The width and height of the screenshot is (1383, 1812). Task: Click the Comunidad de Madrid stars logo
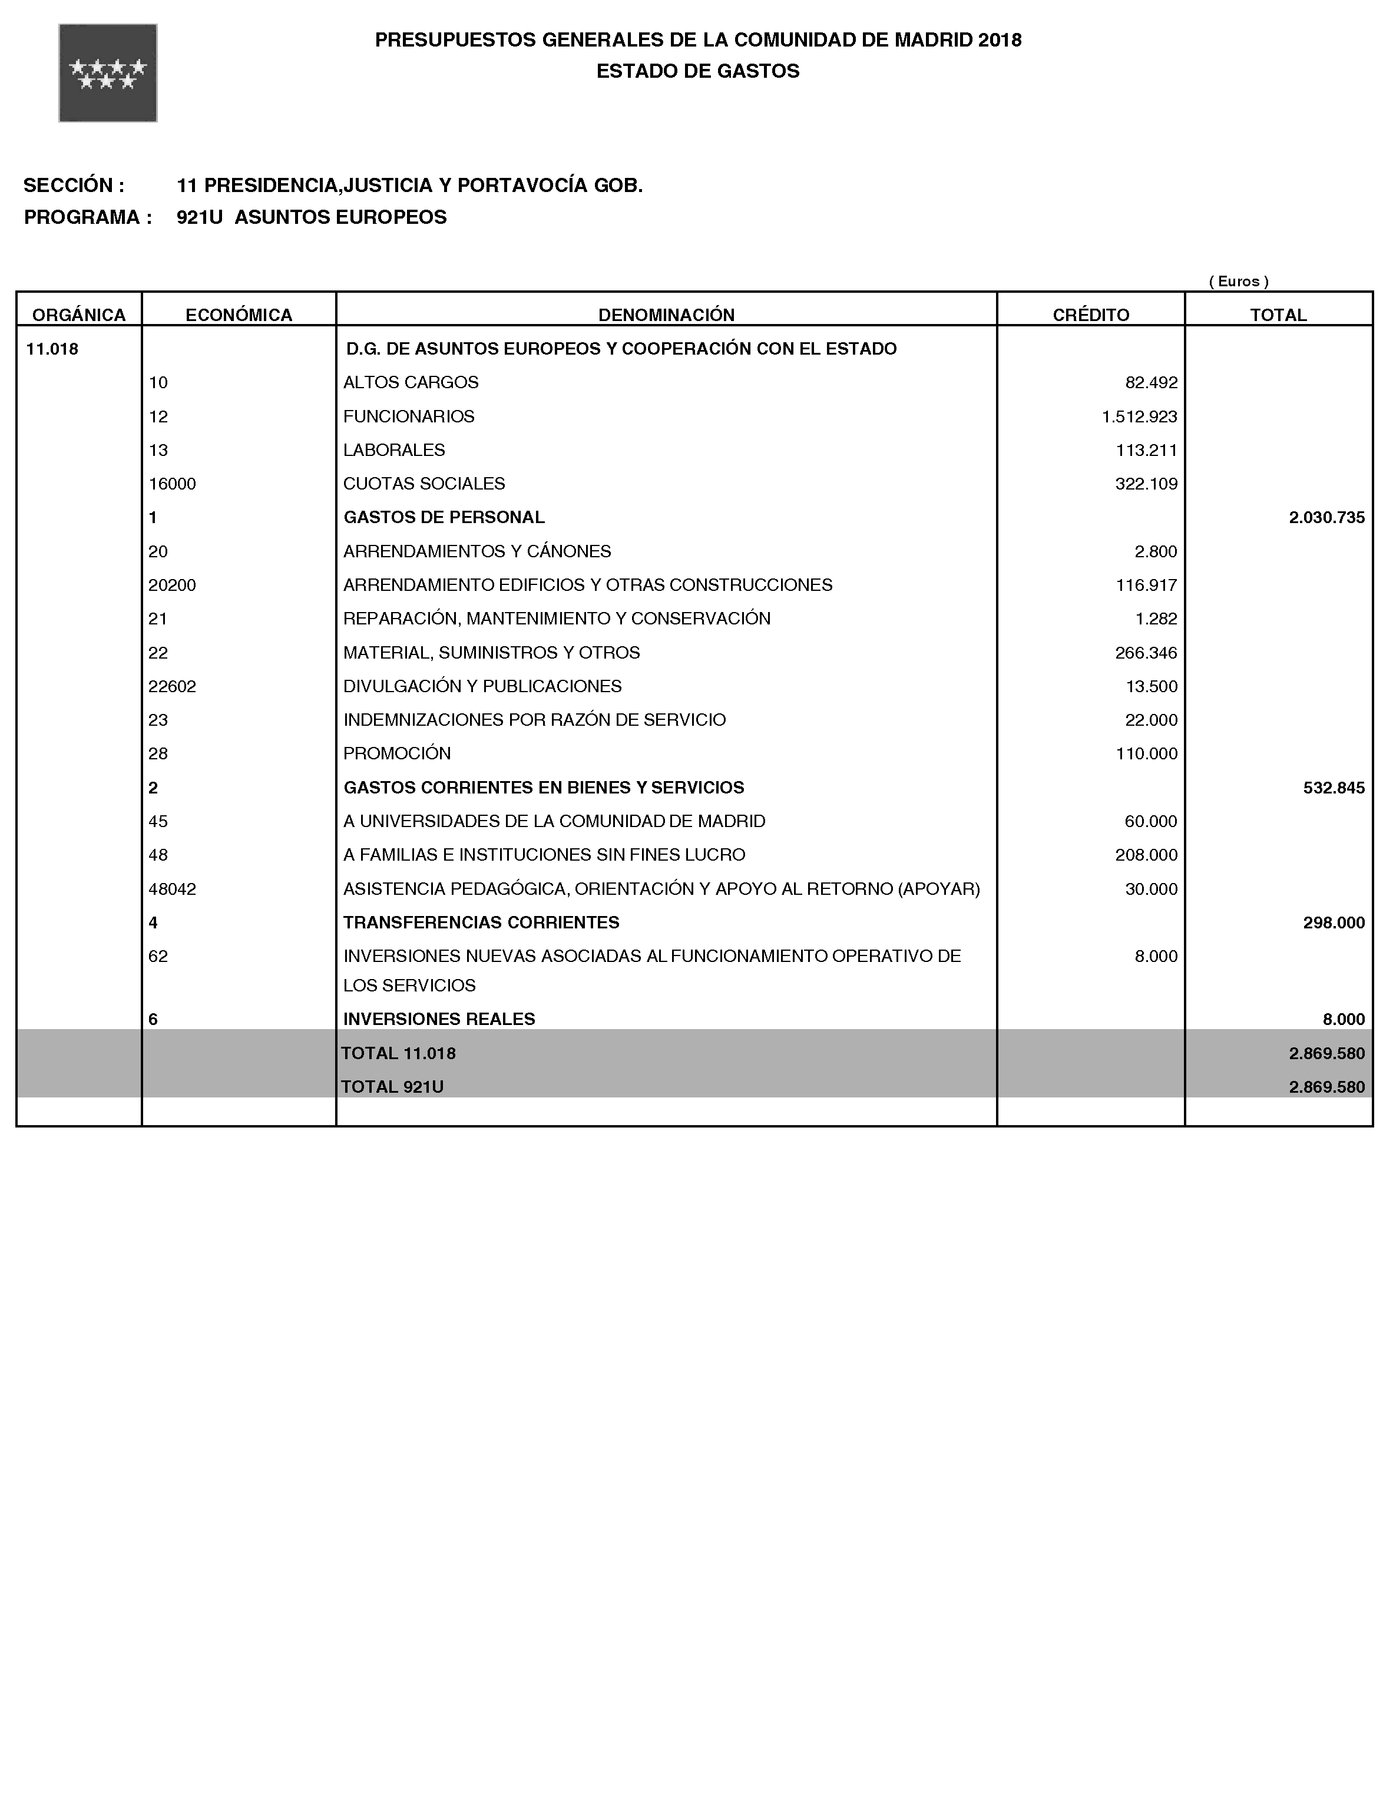click(x=108, y=73)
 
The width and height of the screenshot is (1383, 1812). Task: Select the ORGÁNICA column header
click(x=79, y=315)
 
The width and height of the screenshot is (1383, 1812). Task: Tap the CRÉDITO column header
click(x=1091, y=315)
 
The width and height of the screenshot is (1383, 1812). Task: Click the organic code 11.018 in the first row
click(x=52, y=349)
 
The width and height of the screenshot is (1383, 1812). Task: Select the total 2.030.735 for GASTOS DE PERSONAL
click(x=1326, y=518)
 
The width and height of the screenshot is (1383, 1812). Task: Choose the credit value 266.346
click(x=1146, y=653)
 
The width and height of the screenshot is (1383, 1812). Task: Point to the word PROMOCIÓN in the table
click(x=397, y=754)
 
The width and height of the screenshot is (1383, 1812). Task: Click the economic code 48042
click(x=172, y=889)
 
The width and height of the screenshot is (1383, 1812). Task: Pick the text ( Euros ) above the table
click(x=1238, y=282)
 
